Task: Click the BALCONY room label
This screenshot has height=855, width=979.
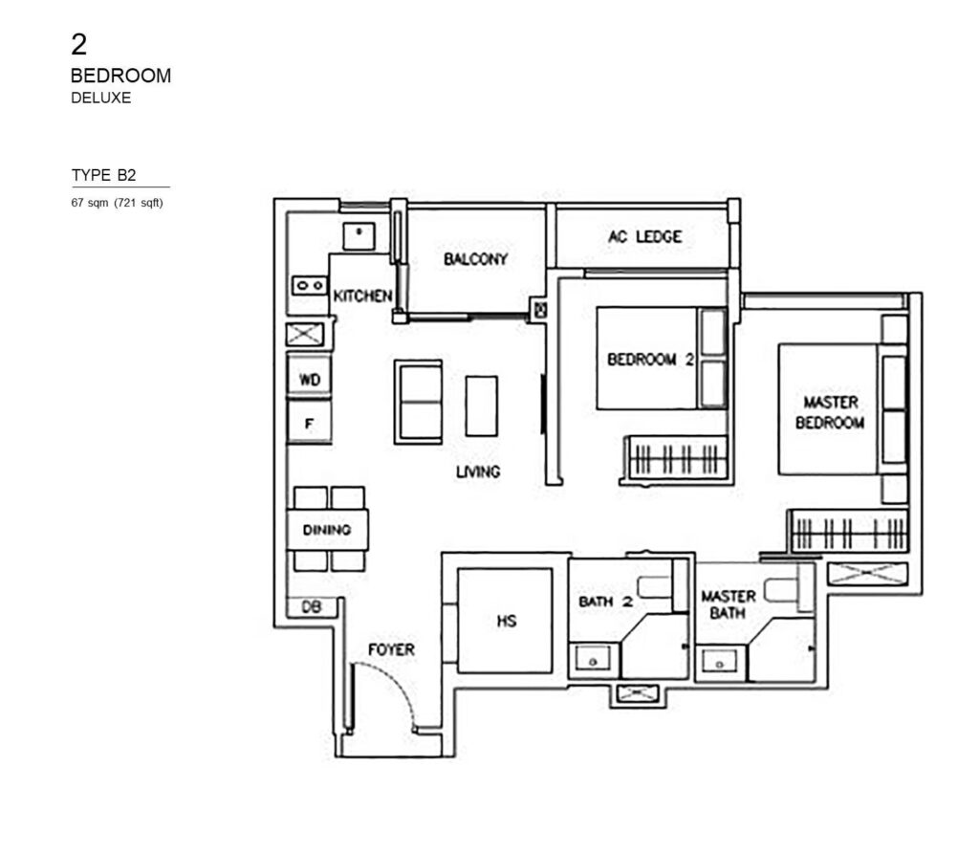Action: coord(475,259)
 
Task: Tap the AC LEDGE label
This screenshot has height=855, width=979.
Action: coord(644,236)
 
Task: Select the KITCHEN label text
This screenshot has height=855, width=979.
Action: coord(362,296)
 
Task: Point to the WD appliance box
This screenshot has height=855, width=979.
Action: coord(310,380)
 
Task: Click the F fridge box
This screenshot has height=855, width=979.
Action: coord(310,422)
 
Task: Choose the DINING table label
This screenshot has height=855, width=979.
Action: coord(327,530)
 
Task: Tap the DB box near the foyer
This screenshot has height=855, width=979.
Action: coord(311,606)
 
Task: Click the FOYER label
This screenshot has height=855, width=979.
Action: coord(391,650)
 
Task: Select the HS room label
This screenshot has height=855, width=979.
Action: coord(507,622)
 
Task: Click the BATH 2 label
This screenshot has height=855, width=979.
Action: coord(606,603)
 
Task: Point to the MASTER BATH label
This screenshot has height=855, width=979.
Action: coord(729,603)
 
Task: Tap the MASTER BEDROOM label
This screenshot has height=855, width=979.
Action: coord(830,412)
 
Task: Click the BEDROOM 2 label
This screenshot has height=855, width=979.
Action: coord(650,361)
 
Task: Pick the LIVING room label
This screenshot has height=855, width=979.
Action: coord(478,471)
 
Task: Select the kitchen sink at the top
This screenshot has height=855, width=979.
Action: coord(359,233)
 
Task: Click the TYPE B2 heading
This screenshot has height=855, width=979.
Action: coord(103,175)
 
